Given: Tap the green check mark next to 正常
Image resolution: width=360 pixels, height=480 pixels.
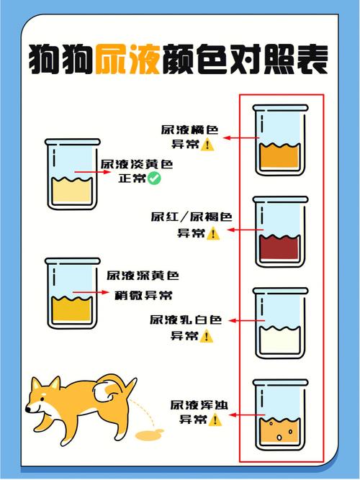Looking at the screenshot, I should coord(154,178).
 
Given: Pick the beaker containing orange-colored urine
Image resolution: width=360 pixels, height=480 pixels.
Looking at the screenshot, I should coord(280,140).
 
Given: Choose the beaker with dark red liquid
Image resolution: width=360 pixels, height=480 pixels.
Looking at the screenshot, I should coord(280,231).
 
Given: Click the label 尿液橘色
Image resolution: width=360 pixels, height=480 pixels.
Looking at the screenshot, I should coord(189,130).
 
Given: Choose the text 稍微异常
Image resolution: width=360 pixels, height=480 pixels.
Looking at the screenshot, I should coord(143,295).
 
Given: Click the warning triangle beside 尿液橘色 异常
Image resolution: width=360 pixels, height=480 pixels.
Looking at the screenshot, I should coord(208,145).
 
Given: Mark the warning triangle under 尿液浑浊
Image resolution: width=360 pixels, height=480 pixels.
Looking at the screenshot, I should coord(215,420).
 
